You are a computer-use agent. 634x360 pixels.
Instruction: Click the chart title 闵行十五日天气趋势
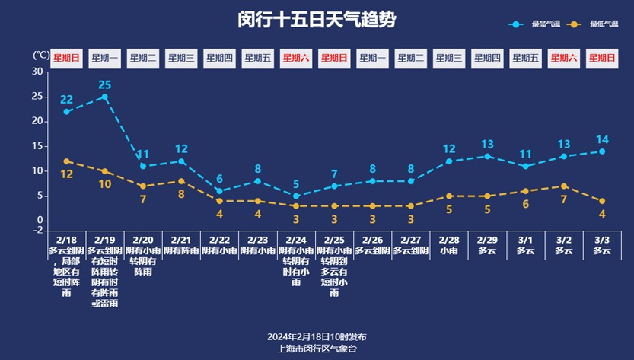pyautogui.click(x=317, y=20)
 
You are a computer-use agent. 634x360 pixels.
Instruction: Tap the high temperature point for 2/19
pyautogui.click(x=105, y=97)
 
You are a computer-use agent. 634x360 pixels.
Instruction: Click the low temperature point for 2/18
pyautogui.click(x=67, y=161)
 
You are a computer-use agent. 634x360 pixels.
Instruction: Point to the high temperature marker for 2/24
pyautogui.click(x=296, y=196)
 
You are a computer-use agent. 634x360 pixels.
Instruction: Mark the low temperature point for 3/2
pyautogui.click(x=564, y=186)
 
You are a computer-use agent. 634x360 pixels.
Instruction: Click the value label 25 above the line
pyautogui.click(x=105, y=84)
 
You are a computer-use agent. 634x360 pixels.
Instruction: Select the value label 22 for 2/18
pyautogui.click(x=67, y=100)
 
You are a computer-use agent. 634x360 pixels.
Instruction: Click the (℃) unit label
pyautogui.click(x=41, y=56)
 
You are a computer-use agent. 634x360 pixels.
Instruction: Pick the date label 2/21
pyautogui.click(x=181, y=239)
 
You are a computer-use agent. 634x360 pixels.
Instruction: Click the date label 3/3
pyautogui.click(x=602, y=239)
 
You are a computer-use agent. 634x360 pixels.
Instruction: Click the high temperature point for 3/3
pyautogui.click(x=602, y=151)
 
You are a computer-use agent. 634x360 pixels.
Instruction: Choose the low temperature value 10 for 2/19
pyautogui.click(x=105, y=183)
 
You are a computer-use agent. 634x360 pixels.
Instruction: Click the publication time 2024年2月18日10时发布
pyautogui.click(x=317, y=336)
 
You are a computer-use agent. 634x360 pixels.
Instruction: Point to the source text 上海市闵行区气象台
pyautogui.click(x=317, y=349)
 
